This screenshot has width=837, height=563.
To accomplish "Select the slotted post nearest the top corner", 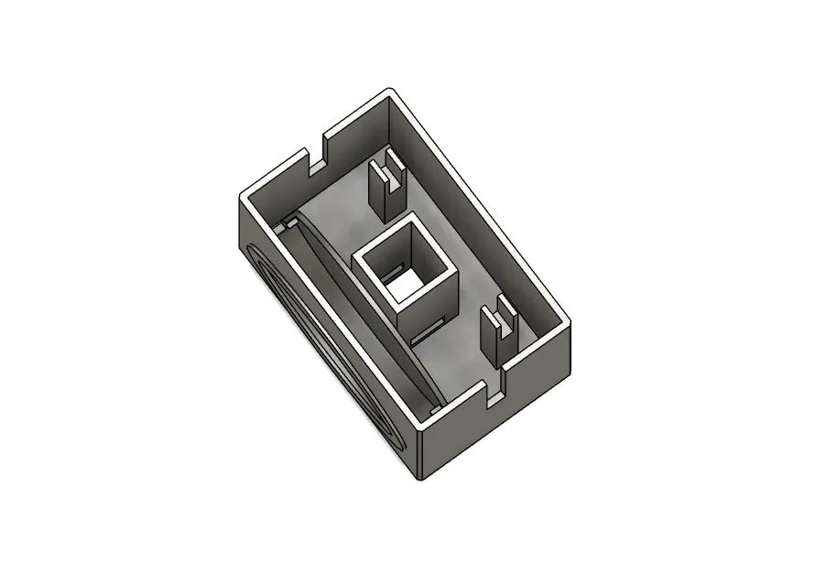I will pos(386,189).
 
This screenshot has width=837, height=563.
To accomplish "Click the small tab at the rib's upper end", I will pos(287,222).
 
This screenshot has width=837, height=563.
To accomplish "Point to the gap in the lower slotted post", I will pos(505,319).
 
